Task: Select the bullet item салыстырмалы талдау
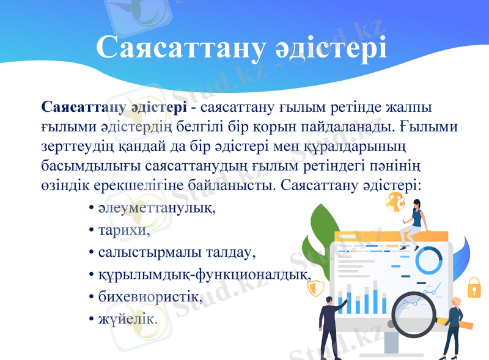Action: pyautogui.click(x=175, y=252)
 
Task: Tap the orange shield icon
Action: pyautogui.click(x=315, y=287)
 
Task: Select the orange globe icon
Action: pyautogui.click(x=395, y=200)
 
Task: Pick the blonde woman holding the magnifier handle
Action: pyautogui.click(x=454, y=327)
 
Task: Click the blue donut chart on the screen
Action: pyautogui.click(x=428, y=259)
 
